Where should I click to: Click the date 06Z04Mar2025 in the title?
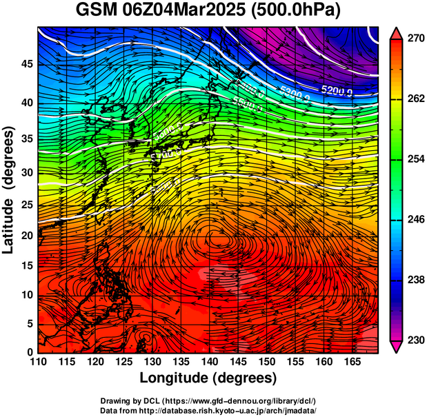[x=183, y=11]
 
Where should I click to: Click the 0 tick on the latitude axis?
[x=28, y=352]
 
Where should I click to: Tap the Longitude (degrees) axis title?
[x=208, y=378]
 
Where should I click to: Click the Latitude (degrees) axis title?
[x=9, y=190]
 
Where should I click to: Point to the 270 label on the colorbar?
[x=414, y=39]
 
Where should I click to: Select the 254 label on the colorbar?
[x=414, y=159]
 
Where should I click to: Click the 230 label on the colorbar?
[x=414, y=340]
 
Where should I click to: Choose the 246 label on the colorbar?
[x=414, y=219]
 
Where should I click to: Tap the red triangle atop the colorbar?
[x=397, y=33]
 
